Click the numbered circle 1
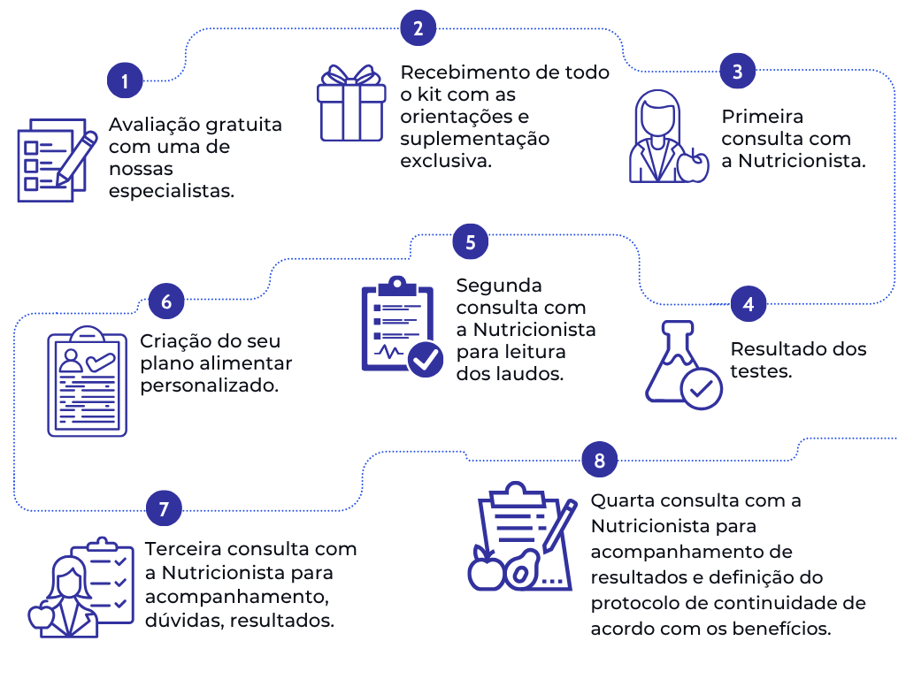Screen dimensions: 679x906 126,81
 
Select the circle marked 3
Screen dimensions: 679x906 738,72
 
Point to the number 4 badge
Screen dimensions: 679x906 749,304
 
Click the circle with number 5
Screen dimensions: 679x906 470,241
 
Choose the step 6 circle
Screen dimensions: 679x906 166,302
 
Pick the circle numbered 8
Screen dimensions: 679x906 600,460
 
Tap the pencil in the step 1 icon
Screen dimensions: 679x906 77,156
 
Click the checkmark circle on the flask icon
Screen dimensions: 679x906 701,388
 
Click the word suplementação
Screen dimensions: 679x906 474,140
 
